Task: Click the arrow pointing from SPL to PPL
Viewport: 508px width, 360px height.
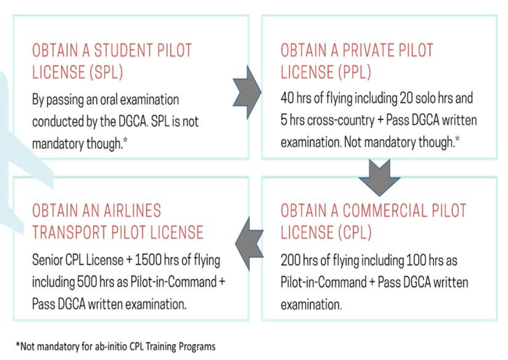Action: (247, 92)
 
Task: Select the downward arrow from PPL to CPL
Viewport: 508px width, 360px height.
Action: (379, 177)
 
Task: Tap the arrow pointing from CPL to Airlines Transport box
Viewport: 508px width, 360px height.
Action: (249, 243)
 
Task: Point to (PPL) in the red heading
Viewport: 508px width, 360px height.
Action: (354, 72)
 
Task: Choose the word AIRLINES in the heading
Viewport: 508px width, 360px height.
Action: (133, 211)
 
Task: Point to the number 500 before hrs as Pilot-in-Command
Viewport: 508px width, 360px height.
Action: (87, 282)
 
